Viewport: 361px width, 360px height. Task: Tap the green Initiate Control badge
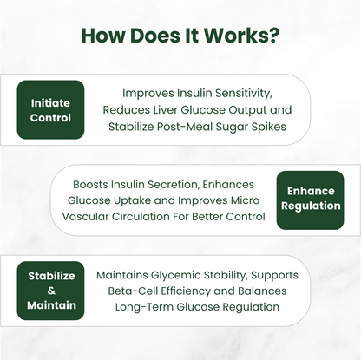(x=50, y=109)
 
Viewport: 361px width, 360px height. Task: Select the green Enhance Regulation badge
(x=310, y=199)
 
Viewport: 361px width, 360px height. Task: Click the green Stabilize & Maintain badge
(x=50, y=290)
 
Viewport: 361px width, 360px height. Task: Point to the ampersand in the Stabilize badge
(x=50, y=290)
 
